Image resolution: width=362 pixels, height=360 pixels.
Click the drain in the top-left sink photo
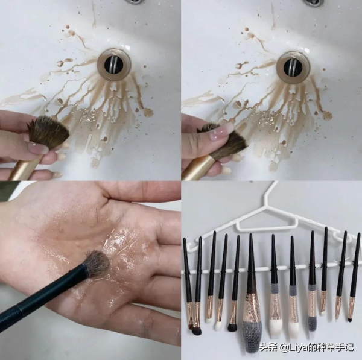(113, 63)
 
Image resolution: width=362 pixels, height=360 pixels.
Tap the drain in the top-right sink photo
(293, 66)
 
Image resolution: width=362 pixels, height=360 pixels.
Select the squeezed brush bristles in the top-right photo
(228, 142)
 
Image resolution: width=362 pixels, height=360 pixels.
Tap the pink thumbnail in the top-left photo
(38, 148)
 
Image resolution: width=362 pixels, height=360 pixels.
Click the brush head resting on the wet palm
(96, 264)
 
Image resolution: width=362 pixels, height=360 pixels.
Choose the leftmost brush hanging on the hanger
(188, 283)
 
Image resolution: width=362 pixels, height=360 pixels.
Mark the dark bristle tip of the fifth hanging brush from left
(232, 327)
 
